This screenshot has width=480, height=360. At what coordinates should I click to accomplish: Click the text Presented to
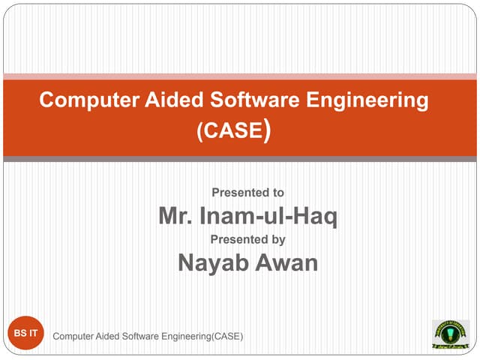pos(247,193)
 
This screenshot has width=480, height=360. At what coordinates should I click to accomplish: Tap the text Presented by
pos(247,240)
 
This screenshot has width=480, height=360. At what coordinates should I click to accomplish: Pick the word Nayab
pos(212,263)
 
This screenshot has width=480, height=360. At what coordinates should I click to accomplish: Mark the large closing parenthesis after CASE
pos(267,132)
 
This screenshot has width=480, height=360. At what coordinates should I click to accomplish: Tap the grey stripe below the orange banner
pos(240,159)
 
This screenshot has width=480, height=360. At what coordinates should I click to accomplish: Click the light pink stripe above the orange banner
pos(240,76)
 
